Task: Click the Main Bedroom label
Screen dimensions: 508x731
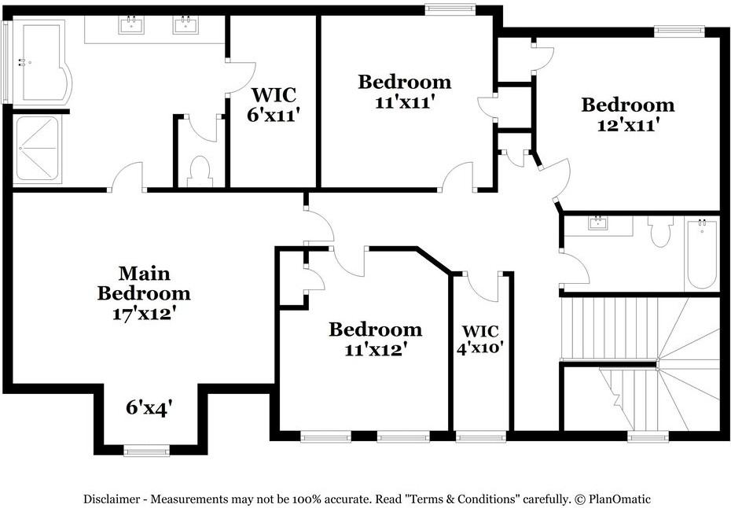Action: pos(144,283)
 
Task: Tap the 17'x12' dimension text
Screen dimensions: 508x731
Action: pos(144,312)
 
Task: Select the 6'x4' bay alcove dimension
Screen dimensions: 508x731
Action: pos(149,407)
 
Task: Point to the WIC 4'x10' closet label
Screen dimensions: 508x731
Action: pos(480,338)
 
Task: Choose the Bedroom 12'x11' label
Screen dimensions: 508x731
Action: pos(627,114)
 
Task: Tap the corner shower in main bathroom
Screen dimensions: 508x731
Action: pos(36,149)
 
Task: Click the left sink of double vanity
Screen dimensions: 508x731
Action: pos(130,25)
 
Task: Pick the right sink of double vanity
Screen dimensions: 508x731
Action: pos(185,25)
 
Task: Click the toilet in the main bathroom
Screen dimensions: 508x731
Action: pos(200,171)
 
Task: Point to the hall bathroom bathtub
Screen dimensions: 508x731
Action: pos(701,253)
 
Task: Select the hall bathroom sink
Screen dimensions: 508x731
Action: pos(599,223)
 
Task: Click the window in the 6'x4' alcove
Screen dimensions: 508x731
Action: pos(146,451)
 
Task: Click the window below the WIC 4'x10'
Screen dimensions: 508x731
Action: pos(481,436)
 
